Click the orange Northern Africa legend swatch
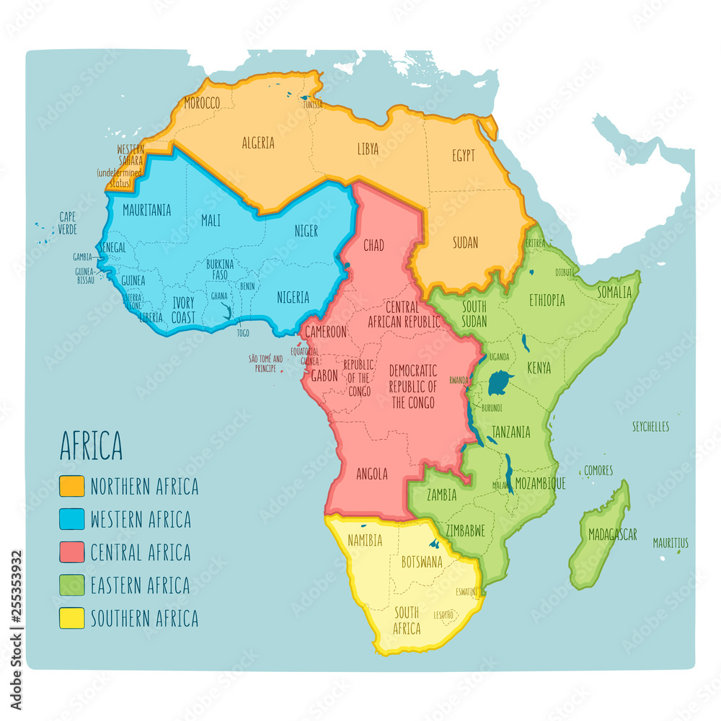(71, 487)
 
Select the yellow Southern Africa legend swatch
(71, 618)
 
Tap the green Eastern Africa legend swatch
(71, 585)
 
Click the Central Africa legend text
(141, 552)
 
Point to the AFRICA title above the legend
(91, 447)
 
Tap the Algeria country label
(258, 143)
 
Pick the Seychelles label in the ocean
(650, 426)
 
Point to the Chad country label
(373, 245)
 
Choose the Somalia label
(614, 292)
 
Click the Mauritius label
(671, 542)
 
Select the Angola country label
(372, 474)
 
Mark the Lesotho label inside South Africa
(443, 615)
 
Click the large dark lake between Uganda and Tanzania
(500, 384)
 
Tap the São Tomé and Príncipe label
(265, 363)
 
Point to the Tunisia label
(312, 105)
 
